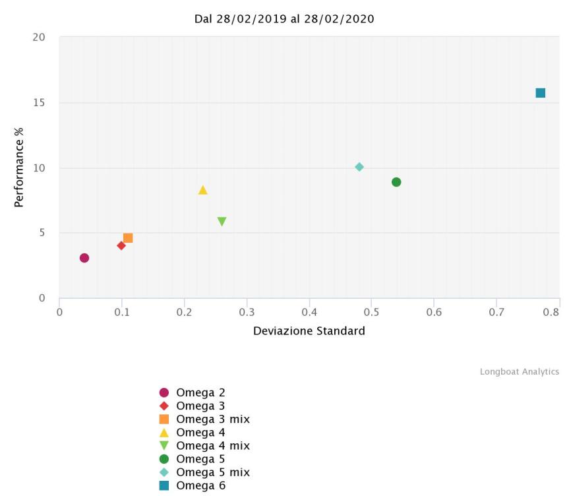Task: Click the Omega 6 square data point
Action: coord(540,93)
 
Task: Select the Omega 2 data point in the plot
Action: coord(84,258)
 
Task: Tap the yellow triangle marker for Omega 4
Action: coord(202,191)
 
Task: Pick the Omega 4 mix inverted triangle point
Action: coord(222,222)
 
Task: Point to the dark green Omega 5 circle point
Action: coord(396,182)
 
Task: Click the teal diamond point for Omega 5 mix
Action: coord(359,167)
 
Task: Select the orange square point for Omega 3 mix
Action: coord(128,238)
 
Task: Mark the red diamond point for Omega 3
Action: coord(121,245)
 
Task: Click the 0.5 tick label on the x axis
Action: coord(371,311)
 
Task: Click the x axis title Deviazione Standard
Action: coord(309,331)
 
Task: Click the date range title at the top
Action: coord(284,19)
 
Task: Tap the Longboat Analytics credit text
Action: coord(519,372)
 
